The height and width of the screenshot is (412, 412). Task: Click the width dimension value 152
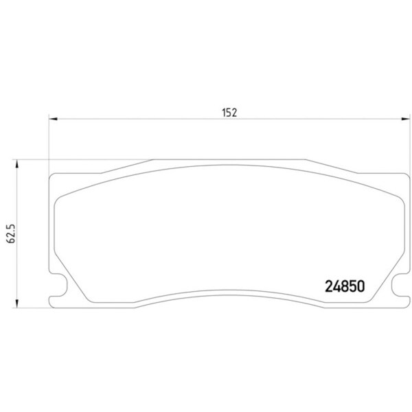coord(229,114)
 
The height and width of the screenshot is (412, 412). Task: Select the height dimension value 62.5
coord(10,233)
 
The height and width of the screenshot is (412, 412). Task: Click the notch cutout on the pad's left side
coord(60,279)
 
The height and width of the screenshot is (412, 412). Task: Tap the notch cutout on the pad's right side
coord(400,279)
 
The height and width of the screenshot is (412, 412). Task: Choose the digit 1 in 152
coord(223,114)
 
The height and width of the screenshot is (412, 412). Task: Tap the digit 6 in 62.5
coord(10,242)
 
